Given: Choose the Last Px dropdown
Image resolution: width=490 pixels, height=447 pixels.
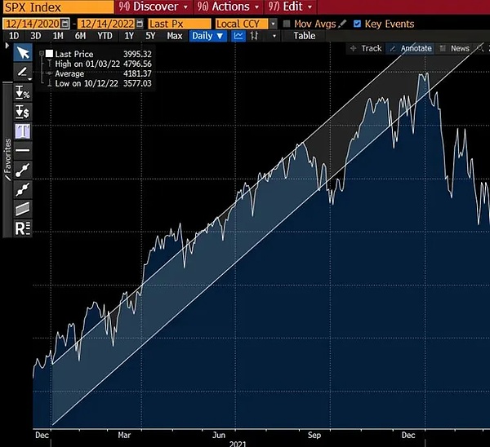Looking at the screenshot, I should coord(169,24).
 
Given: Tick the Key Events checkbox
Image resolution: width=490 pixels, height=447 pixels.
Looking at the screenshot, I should coord(358,24).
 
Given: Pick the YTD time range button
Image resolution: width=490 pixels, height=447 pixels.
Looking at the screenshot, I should coord(105,36).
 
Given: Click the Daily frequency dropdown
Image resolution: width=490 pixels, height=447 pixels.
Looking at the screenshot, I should coord(207,36).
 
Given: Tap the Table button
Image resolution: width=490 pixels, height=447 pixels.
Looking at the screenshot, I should coord(304,36).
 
